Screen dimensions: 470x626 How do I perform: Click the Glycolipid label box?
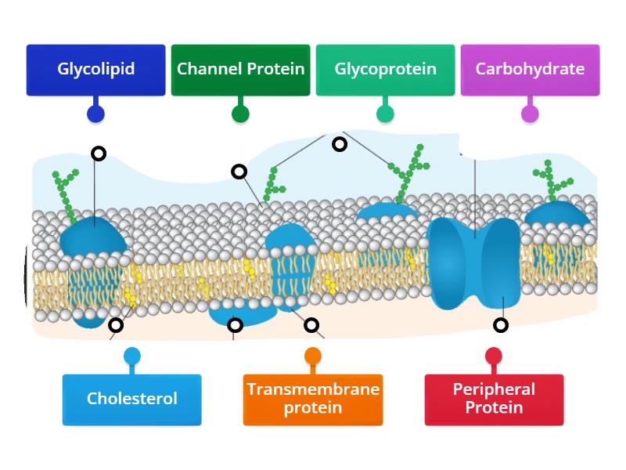click(x=95, y=70)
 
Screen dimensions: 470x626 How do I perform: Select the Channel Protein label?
click(x=240, y=70)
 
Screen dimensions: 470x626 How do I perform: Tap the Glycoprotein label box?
click(x=385, y=70)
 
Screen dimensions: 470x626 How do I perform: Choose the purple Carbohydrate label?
click(x=530, y=70)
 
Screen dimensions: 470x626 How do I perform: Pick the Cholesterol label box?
click(x=131, y=399)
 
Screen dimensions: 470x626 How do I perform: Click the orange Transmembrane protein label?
click(x=313, y=399)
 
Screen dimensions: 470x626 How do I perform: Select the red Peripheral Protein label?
click(x=494, y=399)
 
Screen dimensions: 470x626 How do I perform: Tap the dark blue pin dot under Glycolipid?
click(x=95, y=114)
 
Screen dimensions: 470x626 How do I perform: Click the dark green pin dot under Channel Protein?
click(x=240, y=114)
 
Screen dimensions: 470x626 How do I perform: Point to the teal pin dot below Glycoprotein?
click(x=385, y=114)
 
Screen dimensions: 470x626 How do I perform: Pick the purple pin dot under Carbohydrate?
click(x=530, y=114)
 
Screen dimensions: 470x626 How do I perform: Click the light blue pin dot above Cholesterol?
click(x=132, y=356)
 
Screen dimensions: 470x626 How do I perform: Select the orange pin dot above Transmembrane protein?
click(x=313, y=356)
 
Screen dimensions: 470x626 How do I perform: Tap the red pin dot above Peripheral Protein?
click(x=494, y=356)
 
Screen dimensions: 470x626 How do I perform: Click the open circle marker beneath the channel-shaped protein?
click(x=501, y=325)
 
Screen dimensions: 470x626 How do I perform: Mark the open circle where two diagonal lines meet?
click(x=340, y=144)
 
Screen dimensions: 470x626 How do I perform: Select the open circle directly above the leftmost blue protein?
click(x=99, y=154)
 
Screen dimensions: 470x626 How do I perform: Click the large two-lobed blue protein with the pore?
click(x=474, y=262)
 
